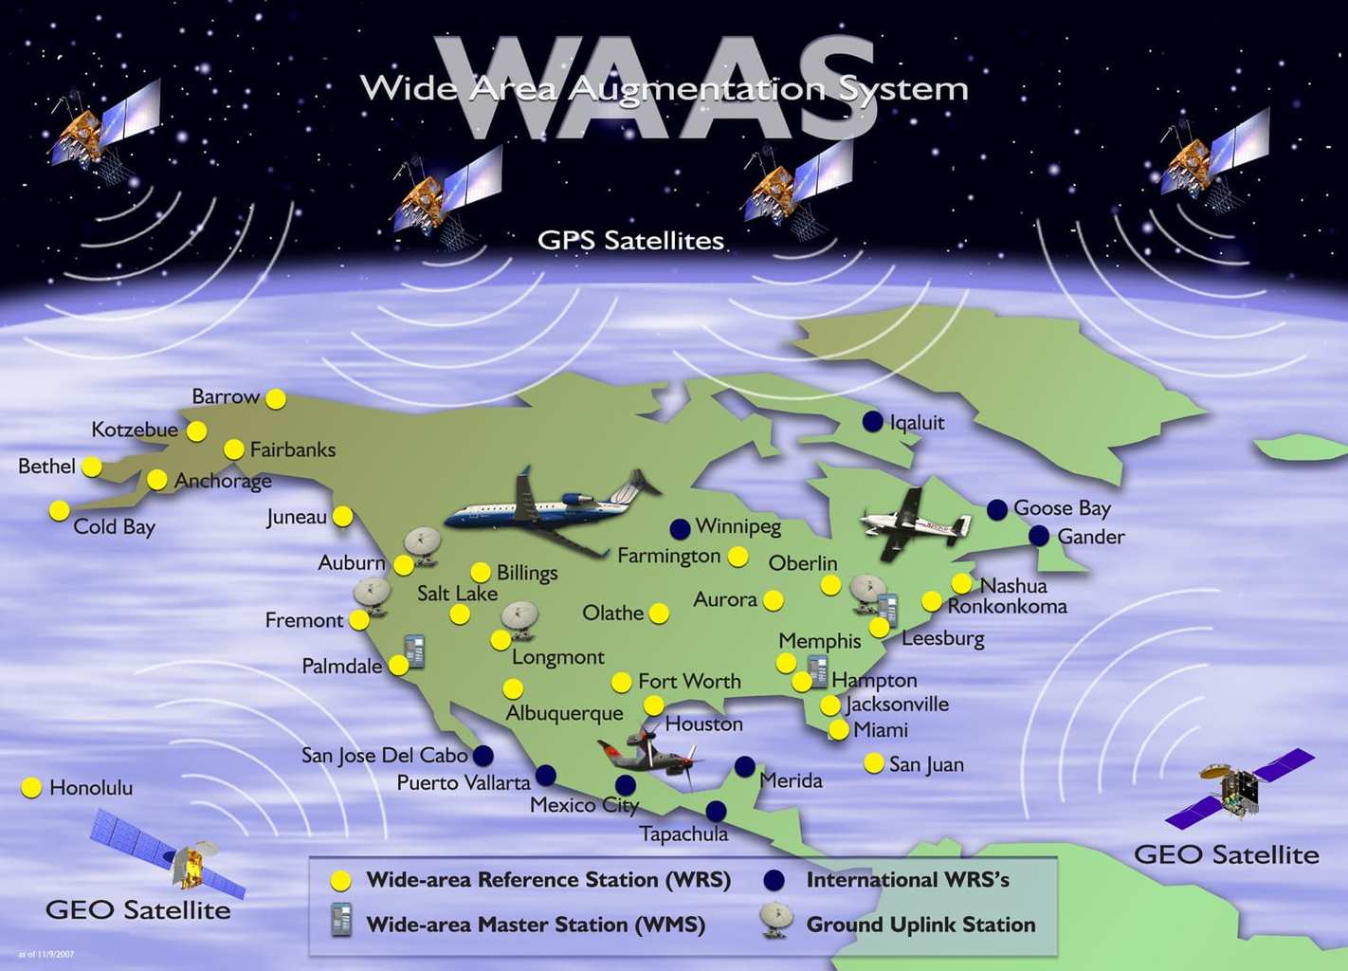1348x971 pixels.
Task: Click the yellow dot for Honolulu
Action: (x=31, y=787)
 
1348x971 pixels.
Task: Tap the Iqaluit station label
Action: (x=917, y=423)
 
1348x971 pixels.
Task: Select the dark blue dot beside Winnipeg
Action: (x=680, y=529)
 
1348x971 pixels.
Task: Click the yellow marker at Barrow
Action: (x=276, y=398)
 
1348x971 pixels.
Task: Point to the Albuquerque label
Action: (x=564, y=713)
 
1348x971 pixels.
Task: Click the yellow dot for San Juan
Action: (x=874, y=763)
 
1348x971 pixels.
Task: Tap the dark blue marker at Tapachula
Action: (x=716, y=812)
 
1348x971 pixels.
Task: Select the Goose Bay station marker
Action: (x=997, y=509)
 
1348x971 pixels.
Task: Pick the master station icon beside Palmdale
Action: (x=414, y=650)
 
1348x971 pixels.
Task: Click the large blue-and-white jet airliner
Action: (x=550, y=507)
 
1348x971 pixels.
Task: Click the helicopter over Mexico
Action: (x=654, y=754)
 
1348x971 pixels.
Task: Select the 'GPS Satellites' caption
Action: (x=630, y=241)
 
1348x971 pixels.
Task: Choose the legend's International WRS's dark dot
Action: (x=774, y=880)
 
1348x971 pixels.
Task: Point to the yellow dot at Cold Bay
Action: (x=60, y=511)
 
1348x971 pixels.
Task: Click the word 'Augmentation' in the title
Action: (x=697, y=89)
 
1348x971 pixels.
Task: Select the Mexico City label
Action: (x=584, y=805)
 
